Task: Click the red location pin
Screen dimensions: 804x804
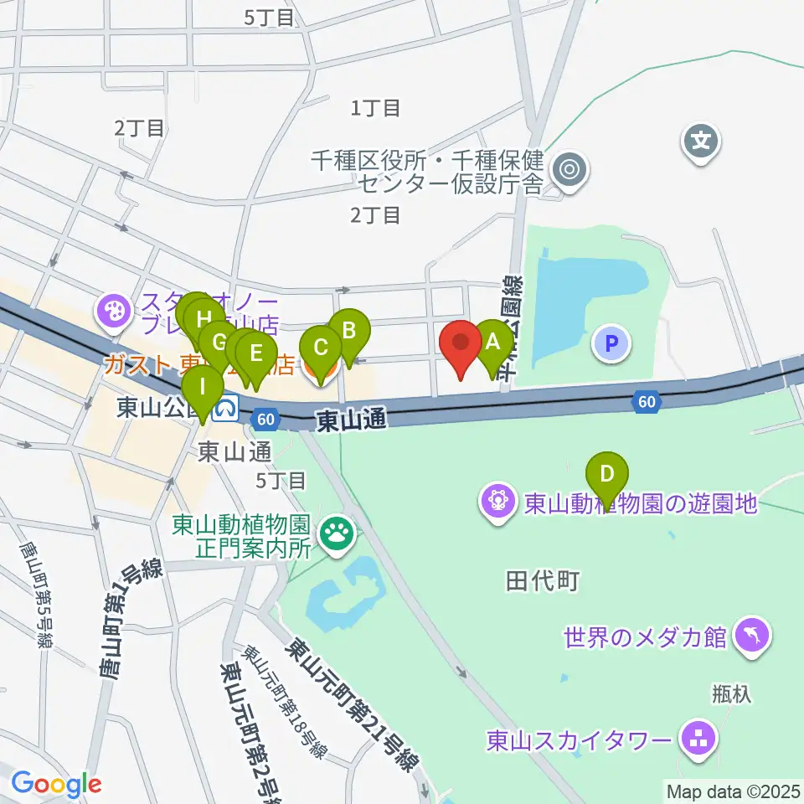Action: point(461,343)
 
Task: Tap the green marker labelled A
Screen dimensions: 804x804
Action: point(492,342)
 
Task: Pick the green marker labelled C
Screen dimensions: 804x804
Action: point(320,347)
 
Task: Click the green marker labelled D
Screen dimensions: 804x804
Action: point(607,473)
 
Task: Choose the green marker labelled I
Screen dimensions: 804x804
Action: point(203,388)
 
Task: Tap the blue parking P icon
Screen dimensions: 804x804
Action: point(612,343)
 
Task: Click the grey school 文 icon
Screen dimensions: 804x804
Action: point(701,140)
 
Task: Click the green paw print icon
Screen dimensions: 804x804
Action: point(339,531)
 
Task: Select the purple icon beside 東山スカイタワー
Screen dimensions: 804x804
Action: point(697,740)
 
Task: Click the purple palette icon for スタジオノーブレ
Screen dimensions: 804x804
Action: point(111,312)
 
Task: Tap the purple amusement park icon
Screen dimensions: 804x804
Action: point(498,502)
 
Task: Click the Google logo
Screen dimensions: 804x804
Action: point(56,784)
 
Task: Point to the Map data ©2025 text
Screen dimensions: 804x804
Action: point(734,790)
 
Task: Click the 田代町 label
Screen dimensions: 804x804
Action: point(543,580)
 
